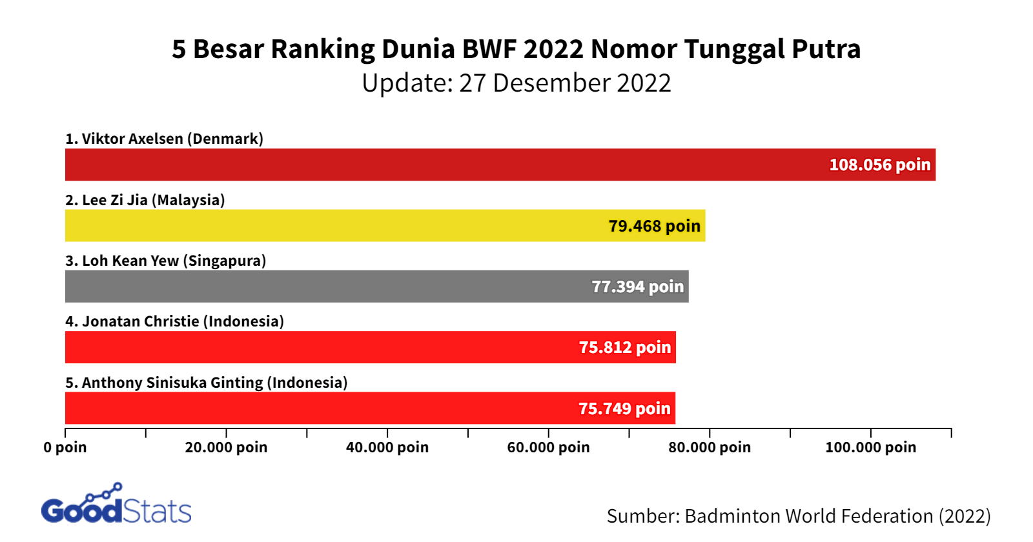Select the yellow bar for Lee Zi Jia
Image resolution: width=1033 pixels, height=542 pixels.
[336, 226]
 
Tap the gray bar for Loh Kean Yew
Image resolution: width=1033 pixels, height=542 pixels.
[323, 286]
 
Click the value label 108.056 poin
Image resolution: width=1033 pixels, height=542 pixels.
[879, 165]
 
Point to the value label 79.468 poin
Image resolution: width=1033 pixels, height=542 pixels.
[654, 226]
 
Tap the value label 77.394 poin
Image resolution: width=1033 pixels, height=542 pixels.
[637, 287]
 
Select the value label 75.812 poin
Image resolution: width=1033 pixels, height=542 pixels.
[624, 348]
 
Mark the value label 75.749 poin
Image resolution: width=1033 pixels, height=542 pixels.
[624, 409]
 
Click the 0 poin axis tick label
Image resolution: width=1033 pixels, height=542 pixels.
[65, 447]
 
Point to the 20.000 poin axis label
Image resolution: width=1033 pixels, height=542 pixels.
[226, 447]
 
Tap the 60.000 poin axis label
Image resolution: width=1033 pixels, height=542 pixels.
[548, 447]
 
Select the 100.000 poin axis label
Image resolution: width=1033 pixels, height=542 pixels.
[870, 447]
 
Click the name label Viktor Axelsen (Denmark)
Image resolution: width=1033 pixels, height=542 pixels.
[164, 139]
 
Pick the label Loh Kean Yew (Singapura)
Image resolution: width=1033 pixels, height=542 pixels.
[165, 261]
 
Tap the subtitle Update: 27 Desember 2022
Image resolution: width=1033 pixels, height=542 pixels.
[516, 83]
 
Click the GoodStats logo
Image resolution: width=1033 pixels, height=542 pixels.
[116, 505]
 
